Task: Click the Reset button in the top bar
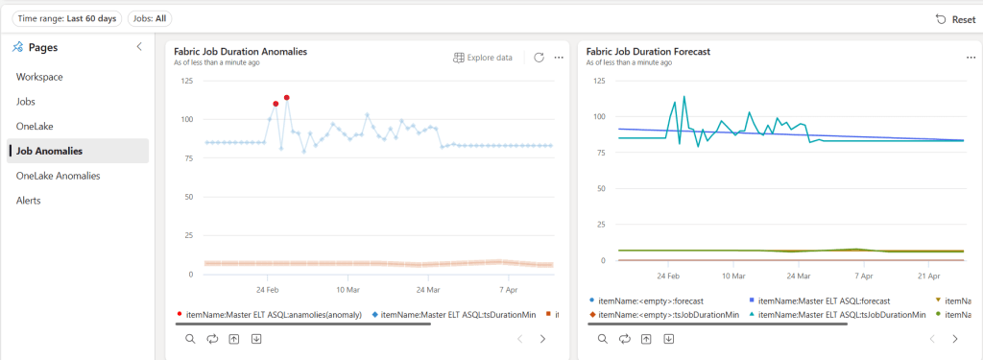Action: point(955,19)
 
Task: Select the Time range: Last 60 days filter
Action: point(66,18)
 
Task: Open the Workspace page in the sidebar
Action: point(39,76)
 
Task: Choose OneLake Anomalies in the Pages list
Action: point(58,176)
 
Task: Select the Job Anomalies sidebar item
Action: point(49,151)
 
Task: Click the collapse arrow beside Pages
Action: point(139,46)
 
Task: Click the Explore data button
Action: point(483,58)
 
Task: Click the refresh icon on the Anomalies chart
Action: point(539,58)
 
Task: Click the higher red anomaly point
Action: point(287,98)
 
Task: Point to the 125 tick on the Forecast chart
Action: point(598,81)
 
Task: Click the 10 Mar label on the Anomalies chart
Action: point(347,289)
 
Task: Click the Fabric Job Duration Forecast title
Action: point(648,51)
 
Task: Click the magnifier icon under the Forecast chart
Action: point(603,339)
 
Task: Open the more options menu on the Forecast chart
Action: point(971,58)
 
